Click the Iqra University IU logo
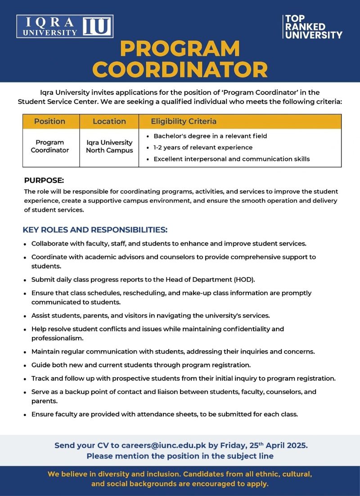(x=65, y=27)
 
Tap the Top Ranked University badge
(x=313, y=27)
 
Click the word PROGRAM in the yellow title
(x=180, y=49)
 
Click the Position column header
(x=49, y=121)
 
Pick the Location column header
(x=109, y=121)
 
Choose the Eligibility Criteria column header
(x=184, y=121)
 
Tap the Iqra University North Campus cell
(x=109, y=147)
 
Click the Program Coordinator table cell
(x=49, y=147)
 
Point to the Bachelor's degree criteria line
(x=210, y=136)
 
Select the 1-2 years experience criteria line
(x=203, y=147)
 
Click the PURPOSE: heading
(x=44, y=180)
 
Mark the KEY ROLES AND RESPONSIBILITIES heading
(x=95, y=230)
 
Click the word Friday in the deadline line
(x=234, y=446)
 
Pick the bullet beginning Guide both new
(x=141, y=365)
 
